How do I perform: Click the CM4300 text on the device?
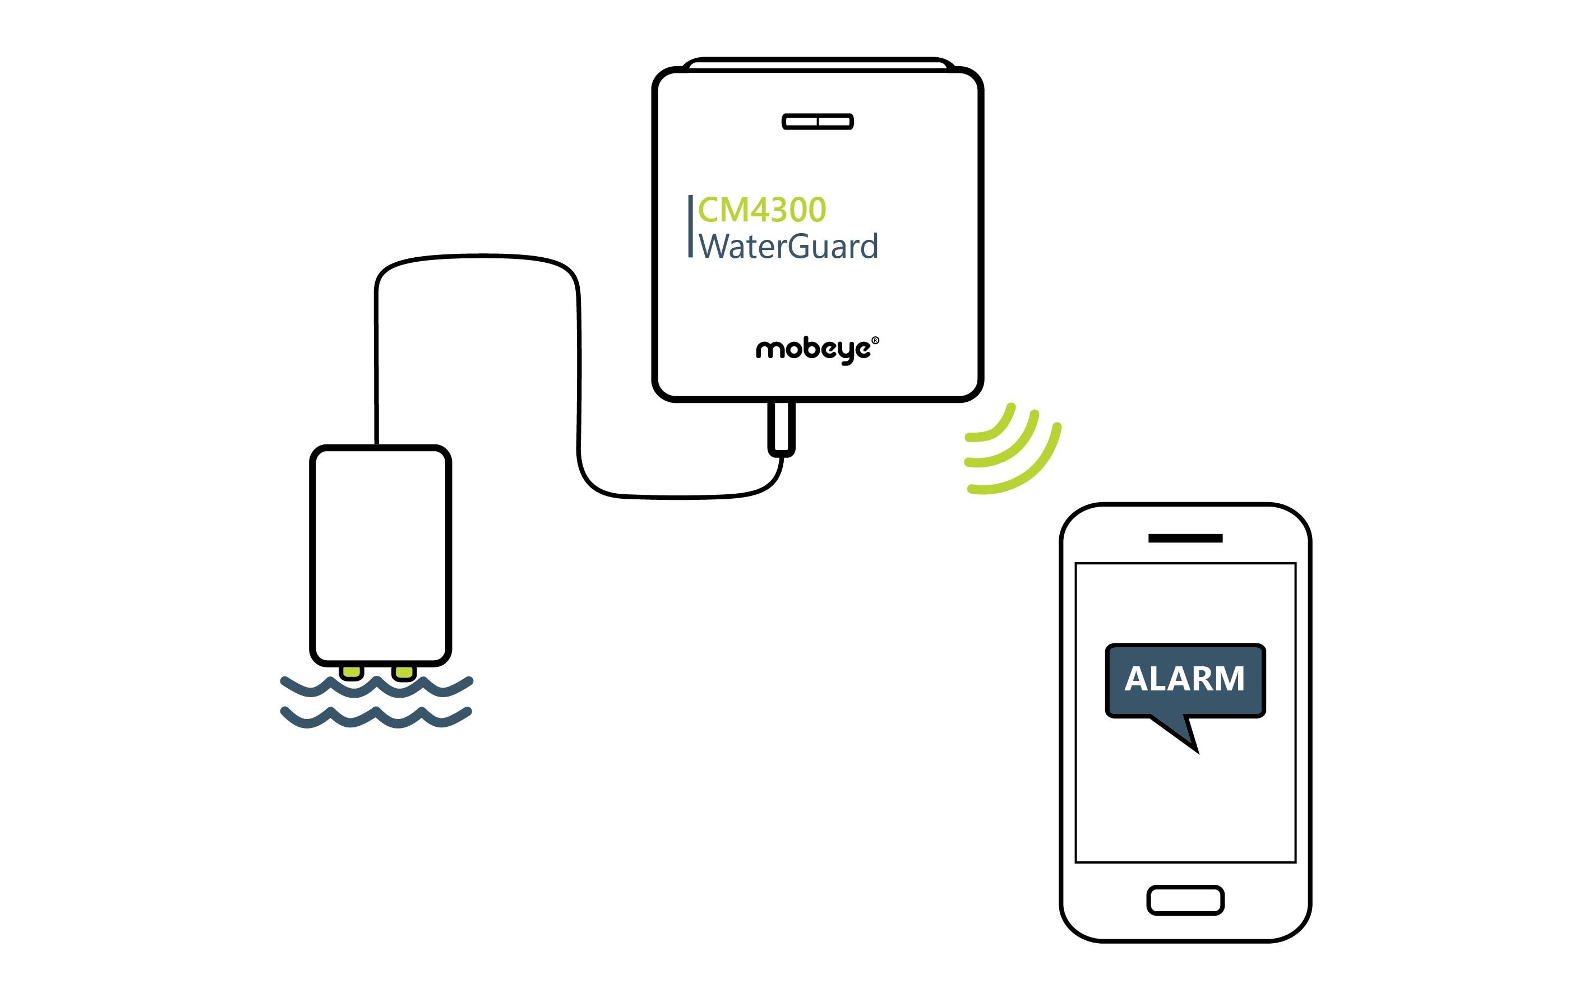(x=761, y=210)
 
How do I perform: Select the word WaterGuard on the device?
(x=788, y=247)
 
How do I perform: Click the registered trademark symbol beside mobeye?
(x=875, y=341)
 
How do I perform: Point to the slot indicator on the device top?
(x=818, y=122)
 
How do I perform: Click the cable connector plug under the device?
(x=781, y=429)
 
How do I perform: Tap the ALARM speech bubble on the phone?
(x=1185, y=679)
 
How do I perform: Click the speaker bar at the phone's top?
(x=1185, y=539)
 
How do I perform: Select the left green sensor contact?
(x=351, y=672)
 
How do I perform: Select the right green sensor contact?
(x=404, y=672)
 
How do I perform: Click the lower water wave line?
(x=376, y=718)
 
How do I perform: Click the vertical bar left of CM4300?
(x=690, y=226)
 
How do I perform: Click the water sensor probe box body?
(x=380, y=555)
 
